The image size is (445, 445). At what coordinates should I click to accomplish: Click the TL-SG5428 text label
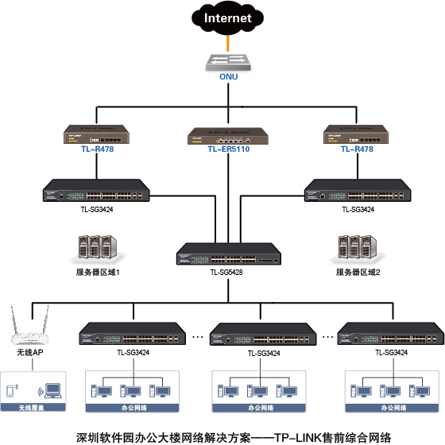pyautogui.click(x=226, y=273)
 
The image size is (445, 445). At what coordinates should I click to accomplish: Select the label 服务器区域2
pyautogui.click(x=357, y=273)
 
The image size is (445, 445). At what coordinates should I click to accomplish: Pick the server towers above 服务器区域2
pyautogui.click(x=356, y=247)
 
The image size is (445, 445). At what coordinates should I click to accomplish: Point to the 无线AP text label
pyautogui.click(x=29, y=352)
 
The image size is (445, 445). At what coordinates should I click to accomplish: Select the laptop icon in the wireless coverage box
pyautogui.click(x=53, y=390)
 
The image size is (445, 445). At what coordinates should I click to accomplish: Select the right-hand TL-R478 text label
pyautogui.click(x=357, y=149)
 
